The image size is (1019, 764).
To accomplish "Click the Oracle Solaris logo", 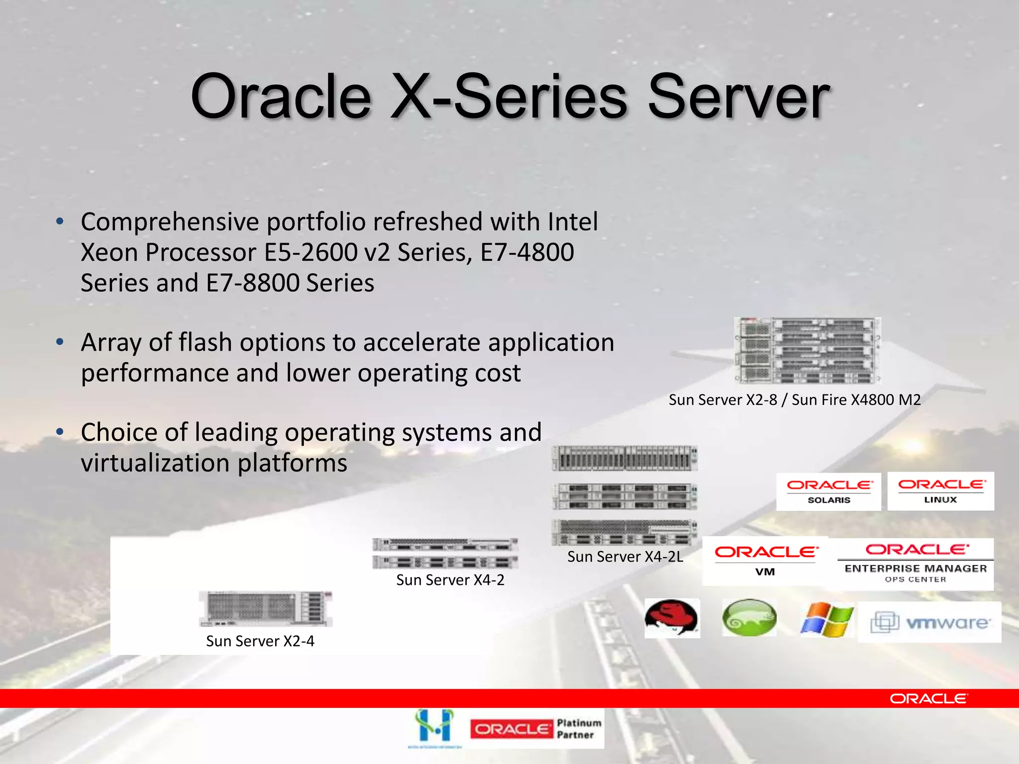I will coord(828,491).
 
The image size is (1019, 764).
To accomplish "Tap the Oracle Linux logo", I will coord(941,491).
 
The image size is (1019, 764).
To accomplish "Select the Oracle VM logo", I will coord(765,561).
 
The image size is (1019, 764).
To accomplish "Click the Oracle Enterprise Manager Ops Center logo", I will coord(916,564).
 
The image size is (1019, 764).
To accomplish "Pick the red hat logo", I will coord(672,618).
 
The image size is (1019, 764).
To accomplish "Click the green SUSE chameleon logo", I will coord(749,618).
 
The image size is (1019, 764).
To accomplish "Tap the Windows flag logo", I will coord(826,619).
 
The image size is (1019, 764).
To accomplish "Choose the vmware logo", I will coord(929,622).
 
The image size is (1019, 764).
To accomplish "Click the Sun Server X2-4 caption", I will coord(260,641).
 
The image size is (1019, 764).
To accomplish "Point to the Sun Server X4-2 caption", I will coord(450,580).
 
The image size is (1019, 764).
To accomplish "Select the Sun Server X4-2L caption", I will coord(625,557).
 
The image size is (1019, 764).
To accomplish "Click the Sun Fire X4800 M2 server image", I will coord(807,351).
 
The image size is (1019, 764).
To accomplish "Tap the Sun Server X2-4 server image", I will coord(265,608).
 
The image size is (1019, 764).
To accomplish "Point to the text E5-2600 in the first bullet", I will coord(310,252).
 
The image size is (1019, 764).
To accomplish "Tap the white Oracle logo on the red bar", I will coord(928,699).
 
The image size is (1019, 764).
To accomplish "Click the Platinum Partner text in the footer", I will coord(579,729).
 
